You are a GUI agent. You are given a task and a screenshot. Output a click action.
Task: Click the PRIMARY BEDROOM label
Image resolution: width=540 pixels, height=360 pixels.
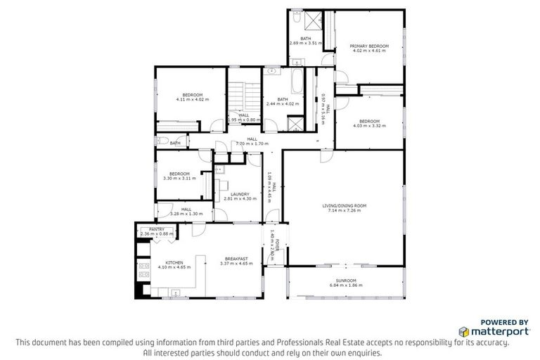tap(369, 46)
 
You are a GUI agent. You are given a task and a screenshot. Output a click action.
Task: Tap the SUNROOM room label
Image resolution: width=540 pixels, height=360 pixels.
tap(346, 281)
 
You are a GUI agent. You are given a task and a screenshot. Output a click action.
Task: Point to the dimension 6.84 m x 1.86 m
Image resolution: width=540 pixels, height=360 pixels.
tap(346, 287)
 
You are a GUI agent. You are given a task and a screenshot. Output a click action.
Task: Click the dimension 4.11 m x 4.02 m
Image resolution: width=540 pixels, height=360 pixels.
tap(193, 99)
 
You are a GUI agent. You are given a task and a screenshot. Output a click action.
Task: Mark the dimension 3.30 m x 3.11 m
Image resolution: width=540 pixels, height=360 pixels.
tap(179, 178)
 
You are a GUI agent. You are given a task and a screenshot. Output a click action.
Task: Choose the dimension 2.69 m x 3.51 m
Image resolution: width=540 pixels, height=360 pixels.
tap(306, 43)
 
